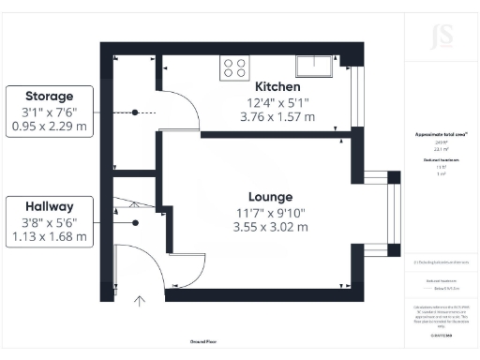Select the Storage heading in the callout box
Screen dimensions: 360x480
48,96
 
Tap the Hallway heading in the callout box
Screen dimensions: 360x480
48,206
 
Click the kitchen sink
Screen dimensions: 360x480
314,65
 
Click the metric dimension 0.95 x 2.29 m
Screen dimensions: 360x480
48,127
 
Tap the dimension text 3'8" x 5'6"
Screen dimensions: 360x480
48,222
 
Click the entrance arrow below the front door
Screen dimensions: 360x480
140,301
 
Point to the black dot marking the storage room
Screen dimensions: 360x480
135,112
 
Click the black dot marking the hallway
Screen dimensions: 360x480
135,222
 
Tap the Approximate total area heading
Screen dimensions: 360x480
442,134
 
